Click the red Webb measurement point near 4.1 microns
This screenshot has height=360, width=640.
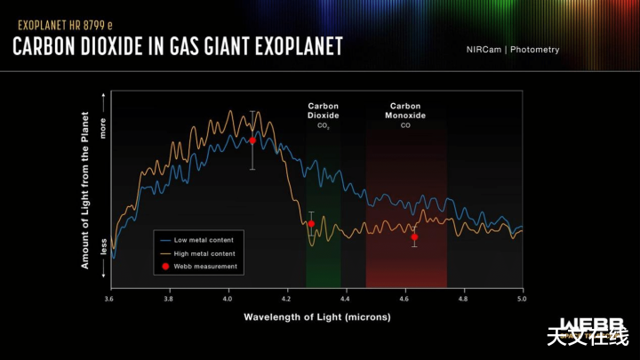tap(252, 140)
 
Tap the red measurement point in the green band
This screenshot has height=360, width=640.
tap(311, 224)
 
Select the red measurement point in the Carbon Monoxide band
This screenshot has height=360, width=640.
tap(414, 236)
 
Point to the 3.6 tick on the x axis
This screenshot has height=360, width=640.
tap(109, 300)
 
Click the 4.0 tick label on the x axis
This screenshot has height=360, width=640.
tap(228, 300)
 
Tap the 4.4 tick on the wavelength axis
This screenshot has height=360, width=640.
tap(346, 300)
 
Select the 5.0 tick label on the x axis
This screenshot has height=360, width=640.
tap(523, 300)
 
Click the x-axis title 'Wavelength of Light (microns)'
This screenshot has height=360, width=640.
tap(316, 316)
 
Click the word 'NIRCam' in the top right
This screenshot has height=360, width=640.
tap(484, 50)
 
